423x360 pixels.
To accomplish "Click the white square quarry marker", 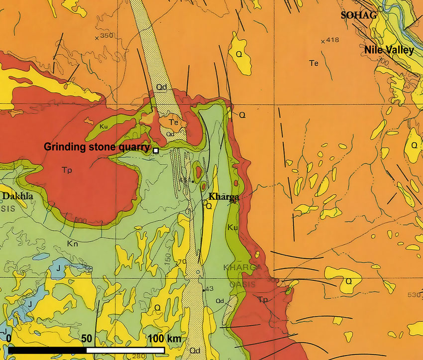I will point(156,150).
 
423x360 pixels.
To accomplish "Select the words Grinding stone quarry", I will point(97,147).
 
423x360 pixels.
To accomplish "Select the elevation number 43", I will point(209,289).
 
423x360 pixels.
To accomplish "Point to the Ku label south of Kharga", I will point(231,227).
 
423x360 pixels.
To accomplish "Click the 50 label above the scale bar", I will point(87,339).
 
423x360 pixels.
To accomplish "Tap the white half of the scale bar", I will point(125,350).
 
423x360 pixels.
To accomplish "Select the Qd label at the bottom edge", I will point(195,352).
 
